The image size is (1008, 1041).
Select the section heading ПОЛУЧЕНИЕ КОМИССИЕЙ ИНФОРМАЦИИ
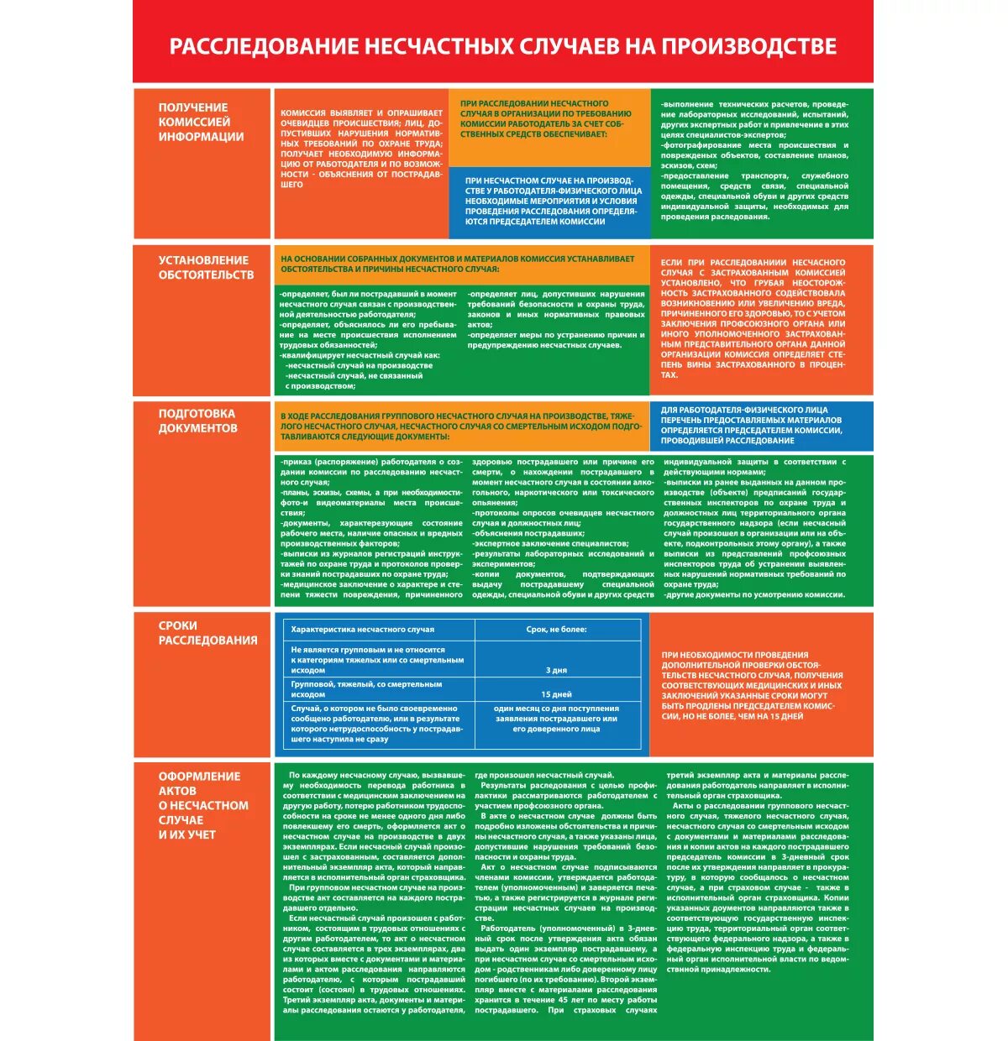click(201, 122)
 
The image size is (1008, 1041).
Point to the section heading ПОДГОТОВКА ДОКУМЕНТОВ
click(198, 421)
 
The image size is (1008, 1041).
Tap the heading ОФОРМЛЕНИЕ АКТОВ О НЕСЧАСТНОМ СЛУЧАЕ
click(203, 805)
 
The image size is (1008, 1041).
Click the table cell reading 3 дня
click(556, 670)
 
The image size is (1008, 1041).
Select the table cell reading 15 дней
click(556, 694)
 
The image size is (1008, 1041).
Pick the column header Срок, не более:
click(556, 629)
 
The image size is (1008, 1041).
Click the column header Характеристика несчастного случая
click(363, 629)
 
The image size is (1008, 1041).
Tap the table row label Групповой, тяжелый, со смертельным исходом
click(366, 689)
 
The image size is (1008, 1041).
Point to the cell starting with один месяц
click(556, 719)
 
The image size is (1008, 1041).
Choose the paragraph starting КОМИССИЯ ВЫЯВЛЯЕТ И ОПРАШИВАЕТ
click(361, 149)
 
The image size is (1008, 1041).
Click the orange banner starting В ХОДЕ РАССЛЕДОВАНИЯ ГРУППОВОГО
click(462, 426)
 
